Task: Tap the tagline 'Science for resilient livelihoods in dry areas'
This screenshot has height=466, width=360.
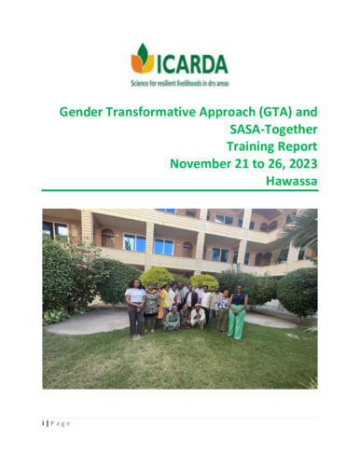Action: pos(180,83)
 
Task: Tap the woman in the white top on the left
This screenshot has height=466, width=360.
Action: pos(136,308)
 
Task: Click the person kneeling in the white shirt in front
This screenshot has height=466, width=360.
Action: pos(198,317)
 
